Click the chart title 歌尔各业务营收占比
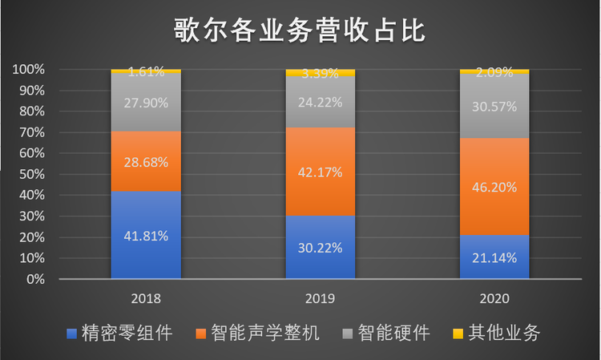click(300, 30)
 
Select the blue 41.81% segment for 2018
click(146, 235)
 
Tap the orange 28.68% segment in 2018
click(146, 161)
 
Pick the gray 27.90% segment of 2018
click(146, 102)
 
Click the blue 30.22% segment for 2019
click(321, 248)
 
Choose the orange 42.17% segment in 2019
click(321, 172)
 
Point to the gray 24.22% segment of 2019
click(321, 103)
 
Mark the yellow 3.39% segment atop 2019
click(321, 73)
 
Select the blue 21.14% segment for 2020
click(495, 257)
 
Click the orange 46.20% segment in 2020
click(495, 186)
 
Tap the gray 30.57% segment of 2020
click(495, 106)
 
